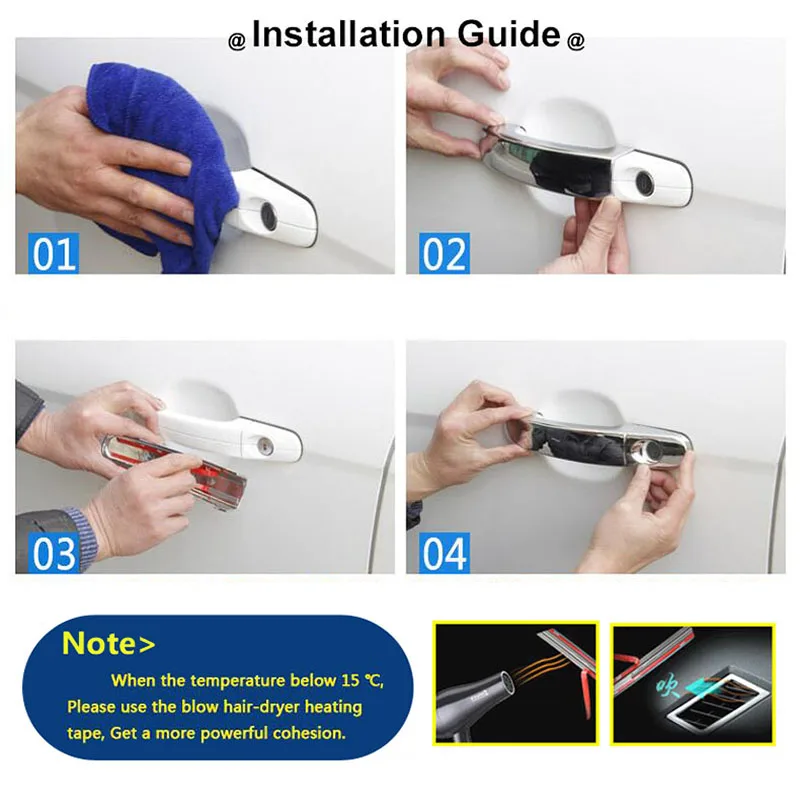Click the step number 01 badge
coord(54,253)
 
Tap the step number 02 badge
coord(444,253)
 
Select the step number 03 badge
coord(54,552)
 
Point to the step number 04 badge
coord(444,552)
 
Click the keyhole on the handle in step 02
coord(644,183)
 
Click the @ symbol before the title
coord(237,41)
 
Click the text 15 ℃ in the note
coord(360,681)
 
